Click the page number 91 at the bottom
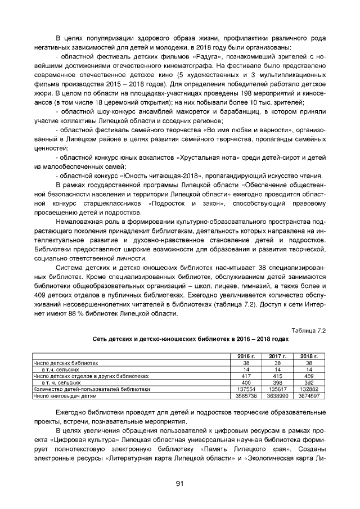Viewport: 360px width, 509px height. coord(180,484)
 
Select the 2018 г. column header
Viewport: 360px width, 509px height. coord(309,356)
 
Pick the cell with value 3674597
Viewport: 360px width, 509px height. coord(309,396)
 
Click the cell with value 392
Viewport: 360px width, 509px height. coord(309,382)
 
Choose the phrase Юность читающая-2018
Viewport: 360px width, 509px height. coord(174,175)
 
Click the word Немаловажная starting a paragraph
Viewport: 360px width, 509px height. coord(83,223)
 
